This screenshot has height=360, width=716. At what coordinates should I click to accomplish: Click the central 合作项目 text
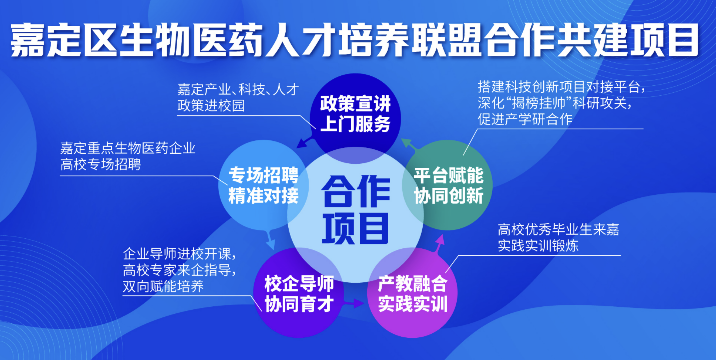point(355,210)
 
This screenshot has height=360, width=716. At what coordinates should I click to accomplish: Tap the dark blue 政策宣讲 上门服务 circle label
point(355,114)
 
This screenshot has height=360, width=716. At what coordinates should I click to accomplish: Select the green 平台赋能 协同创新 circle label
point(449,185)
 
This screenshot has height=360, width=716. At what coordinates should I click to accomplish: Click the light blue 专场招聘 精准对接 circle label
point(264,185)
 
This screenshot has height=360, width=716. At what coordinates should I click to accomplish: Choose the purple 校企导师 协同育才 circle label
point(299,293)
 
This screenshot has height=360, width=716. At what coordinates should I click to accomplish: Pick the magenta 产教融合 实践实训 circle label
point(413,293)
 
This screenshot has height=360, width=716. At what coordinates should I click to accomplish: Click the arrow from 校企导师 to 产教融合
point(353,303)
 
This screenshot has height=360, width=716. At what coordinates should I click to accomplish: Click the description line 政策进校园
point(211,106)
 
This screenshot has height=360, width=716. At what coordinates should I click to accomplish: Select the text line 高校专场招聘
point(100,164)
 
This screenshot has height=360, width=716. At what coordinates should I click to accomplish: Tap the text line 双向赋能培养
point(163,286)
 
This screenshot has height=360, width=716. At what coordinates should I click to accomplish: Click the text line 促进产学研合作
point(525,119)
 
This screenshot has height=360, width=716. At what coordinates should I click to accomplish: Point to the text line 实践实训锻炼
point(538,245)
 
